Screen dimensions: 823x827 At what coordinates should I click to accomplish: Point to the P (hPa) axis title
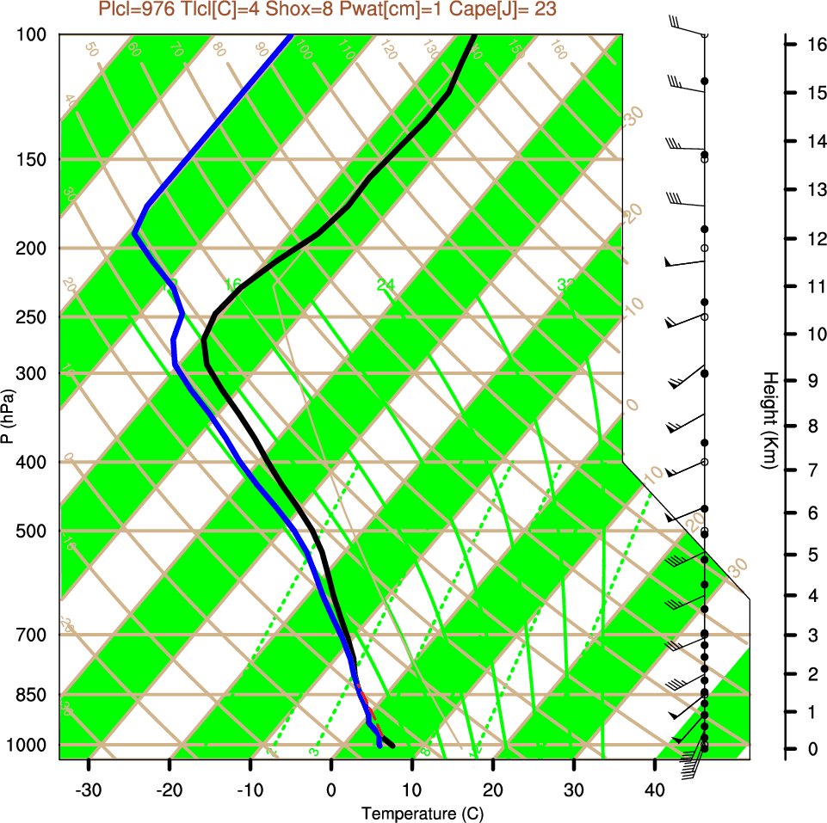[x=8, y=415]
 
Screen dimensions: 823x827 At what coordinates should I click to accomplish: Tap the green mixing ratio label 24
[x=386, y=285]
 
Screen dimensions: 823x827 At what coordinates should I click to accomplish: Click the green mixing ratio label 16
[x=232, y=285]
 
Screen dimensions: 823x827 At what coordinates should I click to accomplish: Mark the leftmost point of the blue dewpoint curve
[x=135, y=233]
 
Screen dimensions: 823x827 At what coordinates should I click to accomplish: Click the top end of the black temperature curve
[x=473, y=36]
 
